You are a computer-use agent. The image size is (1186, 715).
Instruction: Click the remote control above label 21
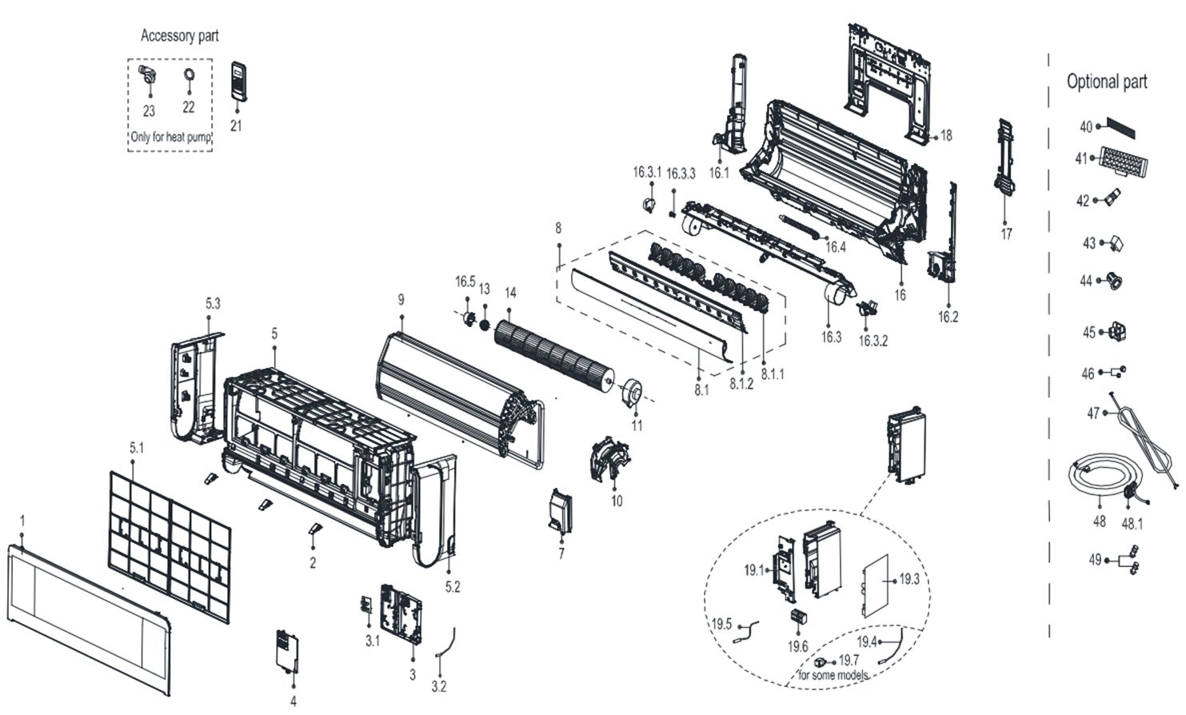(239, 81)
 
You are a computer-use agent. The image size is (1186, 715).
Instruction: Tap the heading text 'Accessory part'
(179, 35)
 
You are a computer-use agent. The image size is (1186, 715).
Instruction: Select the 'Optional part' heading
(1107, 82)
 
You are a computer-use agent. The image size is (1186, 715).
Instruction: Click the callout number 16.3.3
(681, 174)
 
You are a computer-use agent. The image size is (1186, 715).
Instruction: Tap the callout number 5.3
(213, 303)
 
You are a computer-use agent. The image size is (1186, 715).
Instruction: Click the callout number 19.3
(909, 579)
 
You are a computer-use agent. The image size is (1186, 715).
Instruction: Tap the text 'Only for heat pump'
(170, 138)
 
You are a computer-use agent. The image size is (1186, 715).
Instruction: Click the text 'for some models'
(833, 675)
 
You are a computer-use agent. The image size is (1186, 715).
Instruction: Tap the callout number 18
(946, 136)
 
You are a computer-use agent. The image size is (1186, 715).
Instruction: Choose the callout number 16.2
(948, 317)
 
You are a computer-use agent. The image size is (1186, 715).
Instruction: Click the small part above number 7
(560, 510)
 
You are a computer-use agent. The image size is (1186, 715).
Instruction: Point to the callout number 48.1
(1132, 525)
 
